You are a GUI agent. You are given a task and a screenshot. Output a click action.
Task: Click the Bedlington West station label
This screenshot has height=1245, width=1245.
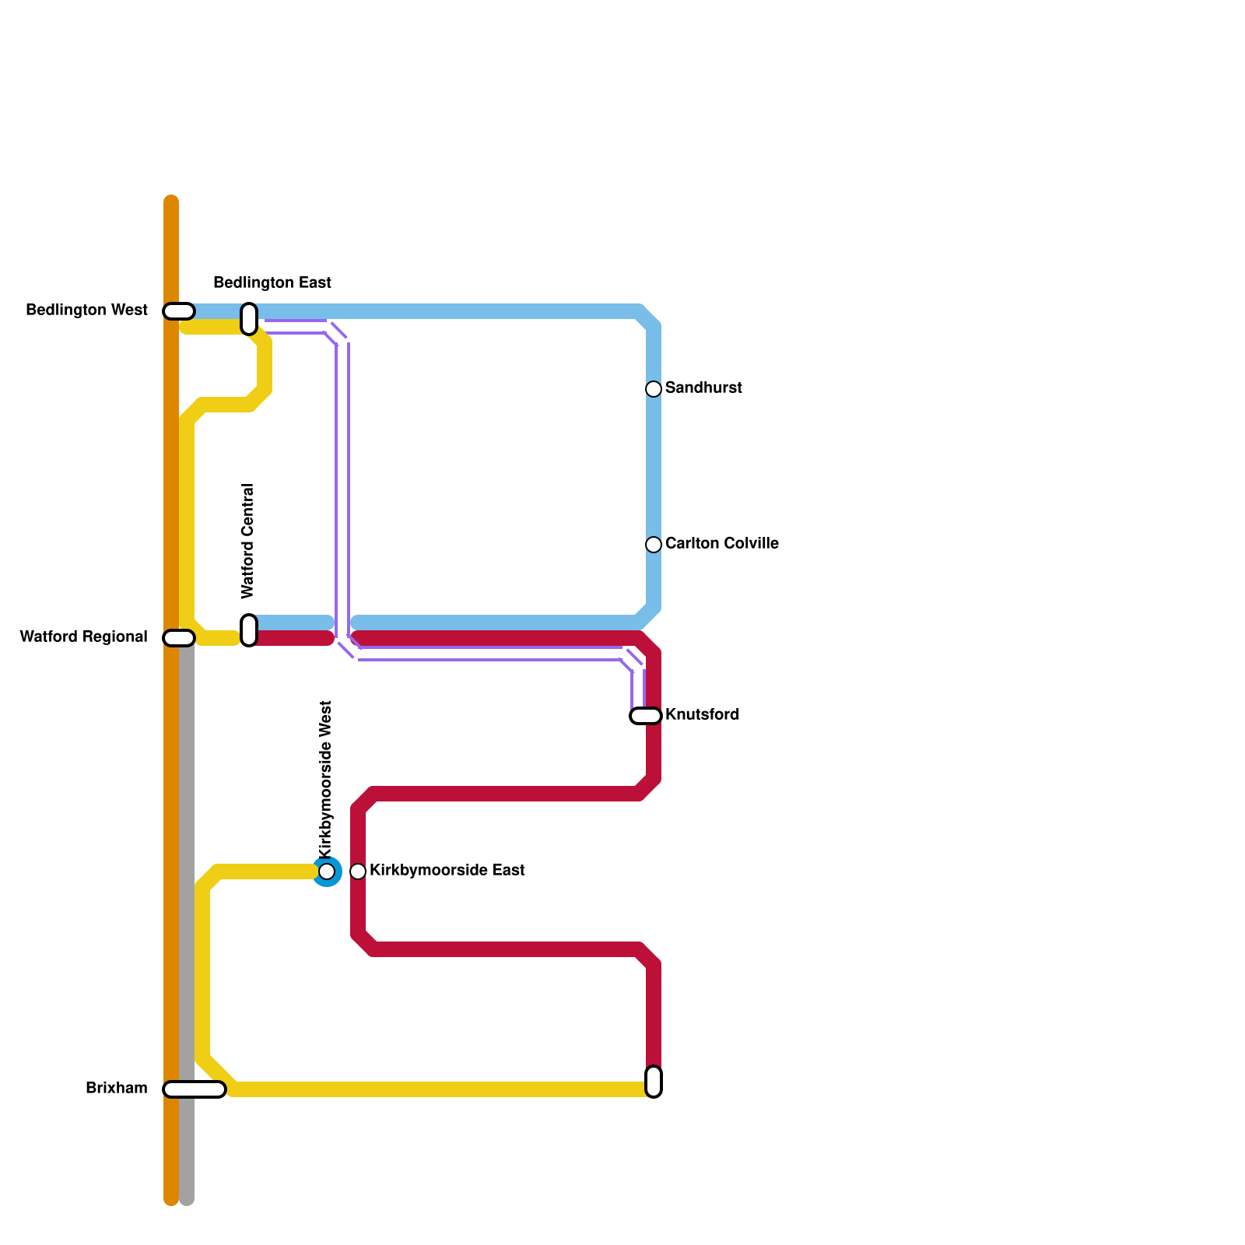(x=86, y=310)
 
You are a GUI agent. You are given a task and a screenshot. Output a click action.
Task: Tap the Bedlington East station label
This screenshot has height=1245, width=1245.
(x=272, y=282)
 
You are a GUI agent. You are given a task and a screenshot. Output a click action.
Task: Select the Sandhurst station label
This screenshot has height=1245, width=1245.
(x=703, y=388)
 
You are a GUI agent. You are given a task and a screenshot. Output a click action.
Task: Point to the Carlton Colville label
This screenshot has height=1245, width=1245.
(x=721, y=544)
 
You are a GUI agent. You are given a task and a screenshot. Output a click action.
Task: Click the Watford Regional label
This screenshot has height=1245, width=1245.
(x=83, y=637)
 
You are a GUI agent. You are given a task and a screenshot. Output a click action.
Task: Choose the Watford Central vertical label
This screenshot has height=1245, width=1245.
(x=248, y=542)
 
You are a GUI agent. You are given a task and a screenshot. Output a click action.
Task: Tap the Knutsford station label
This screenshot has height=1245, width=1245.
(x=702, y=715)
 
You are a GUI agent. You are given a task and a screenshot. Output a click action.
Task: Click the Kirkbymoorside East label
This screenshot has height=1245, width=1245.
(x=447, y=871)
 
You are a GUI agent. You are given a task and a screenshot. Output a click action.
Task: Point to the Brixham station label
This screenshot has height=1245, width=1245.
(x=117, y=1089)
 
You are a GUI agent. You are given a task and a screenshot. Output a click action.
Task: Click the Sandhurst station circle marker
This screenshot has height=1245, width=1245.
(x=654, y=389)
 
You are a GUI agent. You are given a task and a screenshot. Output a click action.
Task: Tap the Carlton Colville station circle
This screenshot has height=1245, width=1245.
(x=654, y=545)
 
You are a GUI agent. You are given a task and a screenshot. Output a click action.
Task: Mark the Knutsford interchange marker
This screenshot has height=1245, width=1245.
(x=646, y=716)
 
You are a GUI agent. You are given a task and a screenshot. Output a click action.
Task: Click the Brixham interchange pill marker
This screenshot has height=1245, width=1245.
(x=195, y=1089)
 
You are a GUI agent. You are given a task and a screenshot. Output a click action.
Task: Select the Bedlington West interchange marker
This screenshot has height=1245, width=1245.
(x=179, y=311)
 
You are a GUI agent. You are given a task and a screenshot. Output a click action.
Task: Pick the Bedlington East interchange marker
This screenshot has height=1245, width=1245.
(x=249, y=319)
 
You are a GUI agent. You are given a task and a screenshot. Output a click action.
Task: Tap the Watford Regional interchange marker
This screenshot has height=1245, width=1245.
(x=179, y=638)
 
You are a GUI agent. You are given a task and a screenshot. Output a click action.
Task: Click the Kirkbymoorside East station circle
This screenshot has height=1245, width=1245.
(x=358, y=871)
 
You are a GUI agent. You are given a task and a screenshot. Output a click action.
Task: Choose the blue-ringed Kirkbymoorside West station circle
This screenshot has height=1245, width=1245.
(x=327, y=871)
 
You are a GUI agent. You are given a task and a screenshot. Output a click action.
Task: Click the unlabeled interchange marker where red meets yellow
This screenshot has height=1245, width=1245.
(x=654, y=1082)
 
